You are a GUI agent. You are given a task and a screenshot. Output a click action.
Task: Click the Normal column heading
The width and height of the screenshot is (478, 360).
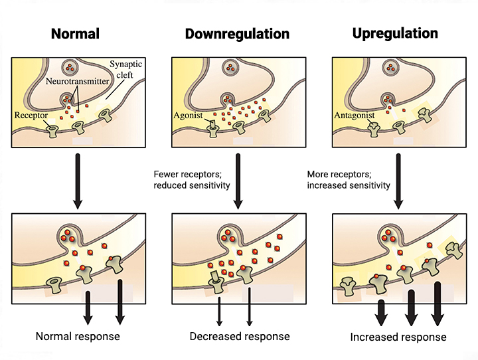pyautogui.click(x=75, y=33)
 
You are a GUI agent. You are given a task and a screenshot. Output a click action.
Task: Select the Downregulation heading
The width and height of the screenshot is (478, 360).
pyautogui.click(x=237, y=33)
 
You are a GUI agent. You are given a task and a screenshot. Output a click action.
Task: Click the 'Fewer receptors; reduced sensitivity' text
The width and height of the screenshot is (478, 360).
pyautogui.click(x=192, y=179)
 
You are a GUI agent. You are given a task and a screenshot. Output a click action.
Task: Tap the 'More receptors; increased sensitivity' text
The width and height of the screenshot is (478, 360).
pyautogui.click(x=349, y=179)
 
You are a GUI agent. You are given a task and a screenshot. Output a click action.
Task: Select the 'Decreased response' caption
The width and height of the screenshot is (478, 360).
pyautogui.click(x=239, y=336)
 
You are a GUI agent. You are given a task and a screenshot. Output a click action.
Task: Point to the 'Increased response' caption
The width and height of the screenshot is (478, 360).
pyautogui.click(x=398, y=337)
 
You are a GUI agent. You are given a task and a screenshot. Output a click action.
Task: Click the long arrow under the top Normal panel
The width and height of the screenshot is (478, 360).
pyautogui.click(x=78, y=179)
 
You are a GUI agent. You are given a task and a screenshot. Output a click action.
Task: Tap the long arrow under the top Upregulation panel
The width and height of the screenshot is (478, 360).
pyautogui.click(x=398, y=179)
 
